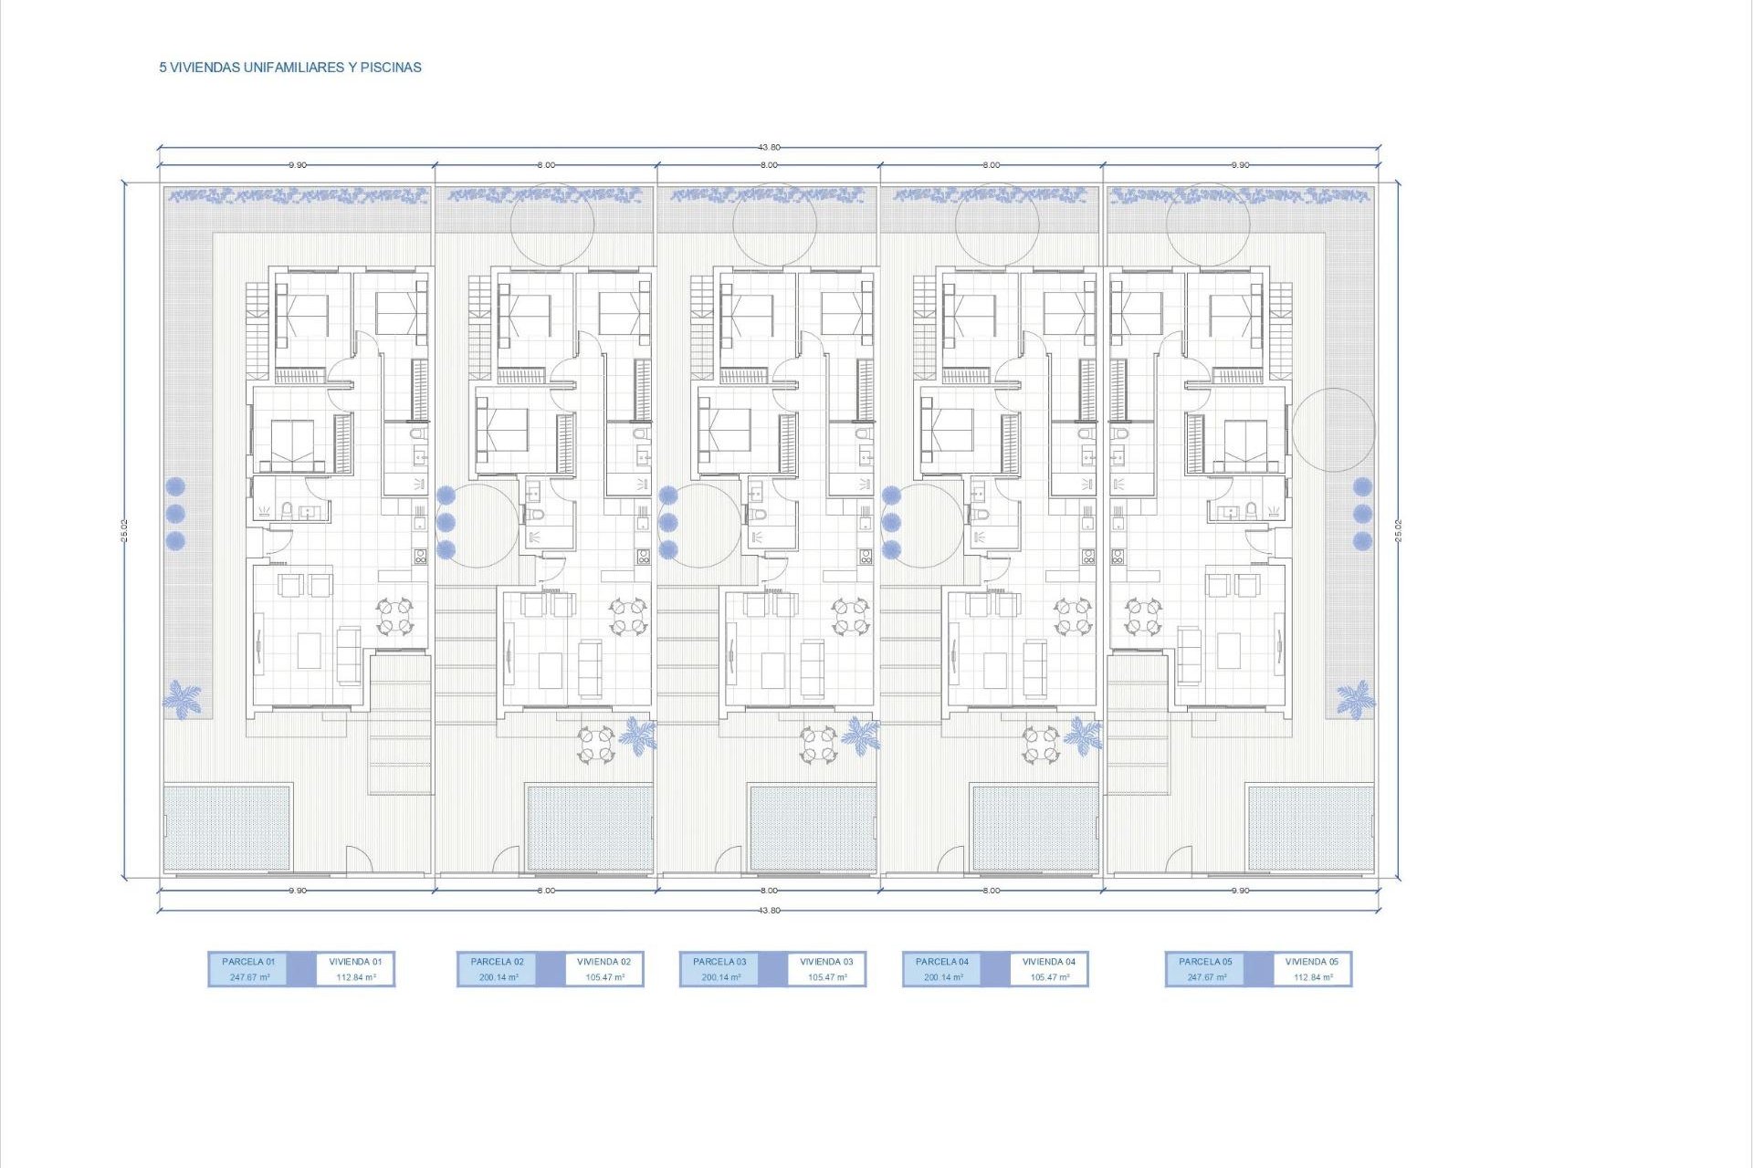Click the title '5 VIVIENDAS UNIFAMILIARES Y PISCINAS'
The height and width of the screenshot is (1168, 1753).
(x=290, y=68)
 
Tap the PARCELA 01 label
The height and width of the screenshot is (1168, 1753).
(x=248, y=962)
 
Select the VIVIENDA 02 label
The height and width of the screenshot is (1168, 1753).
(x=604, y=962)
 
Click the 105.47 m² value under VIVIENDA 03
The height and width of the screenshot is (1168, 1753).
(x=826, y=977)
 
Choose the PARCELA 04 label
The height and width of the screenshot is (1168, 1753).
(x=942, y=962)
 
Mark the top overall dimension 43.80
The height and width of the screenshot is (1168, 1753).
(x=769, y=147)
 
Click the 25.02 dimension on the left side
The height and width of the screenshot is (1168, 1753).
(x=124, y=530)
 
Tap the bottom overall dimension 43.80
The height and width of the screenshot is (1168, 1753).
(x=769, y=911)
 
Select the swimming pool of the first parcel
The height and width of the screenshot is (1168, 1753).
(x=227, y=827)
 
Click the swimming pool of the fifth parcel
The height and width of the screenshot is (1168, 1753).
(x=1310, y=827)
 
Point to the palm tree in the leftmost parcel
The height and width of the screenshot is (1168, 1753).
(x=182, y=699)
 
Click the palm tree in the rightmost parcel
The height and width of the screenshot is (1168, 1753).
(x=1356, y=699)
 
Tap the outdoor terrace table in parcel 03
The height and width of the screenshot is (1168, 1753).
(x=818, y=744)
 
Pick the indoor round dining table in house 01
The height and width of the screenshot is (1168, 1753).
(x=395, y=616)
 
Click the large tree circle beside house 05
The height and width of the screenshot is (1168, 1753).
(x=1333, y=430)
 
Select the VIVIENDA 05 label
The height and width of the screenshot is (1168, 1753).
(x=1312, y=962)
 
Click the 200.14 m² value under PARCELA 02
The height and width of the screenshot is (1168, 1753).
(x=499, y=977)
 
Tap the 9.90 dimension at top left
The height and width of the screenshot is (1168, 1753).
(x=298, y=165)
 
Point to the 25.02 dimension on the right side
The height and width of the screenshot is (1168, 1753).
(x=1398, y=530)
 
